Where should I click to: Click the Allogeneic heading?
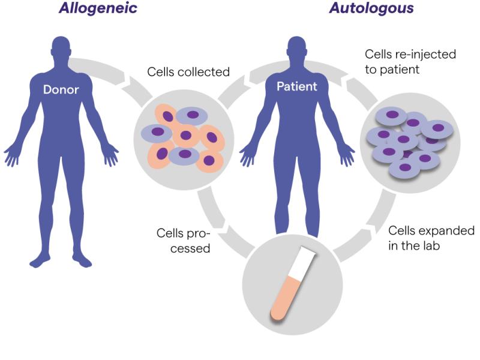(x=98, y=8)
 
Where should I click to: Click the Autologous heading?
(x=371, y=8)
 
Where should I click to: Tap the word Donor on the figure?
(x=61, y=89)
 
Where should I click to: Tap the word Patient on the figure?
(x=296, y=86)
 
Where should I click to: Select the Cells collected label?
(x=188, y=72)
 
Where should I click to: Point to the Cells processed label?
(x=184, y=241)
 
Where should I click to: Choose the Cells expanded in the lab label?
(x=431, y=238)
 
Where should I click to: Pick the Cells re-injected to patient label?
(x=410, y=62)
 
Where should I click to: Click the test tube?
(x=292, y=284)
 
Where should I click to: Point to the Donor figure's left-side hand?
(x=11, y=155)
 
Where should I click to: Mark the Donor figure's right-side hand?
(x=110, y=155)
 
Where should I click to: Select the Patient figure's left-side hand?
(x=247, y=155)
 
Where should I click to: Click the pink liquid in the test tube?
(x=284, y=298)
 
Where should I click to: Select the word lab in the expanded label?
(x=431, y=245)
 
